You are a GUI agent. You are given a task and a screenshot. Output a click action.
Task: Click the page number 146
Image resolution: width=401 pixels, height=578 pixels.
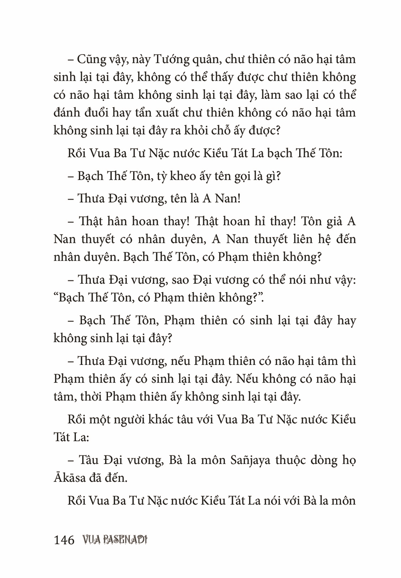pyautogui.click(x=64, y=540)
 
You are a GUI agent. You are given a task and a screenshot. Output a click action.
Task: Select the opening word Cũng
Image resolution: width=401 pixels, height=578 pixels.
pyautogui.click(x=91, y=59)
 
